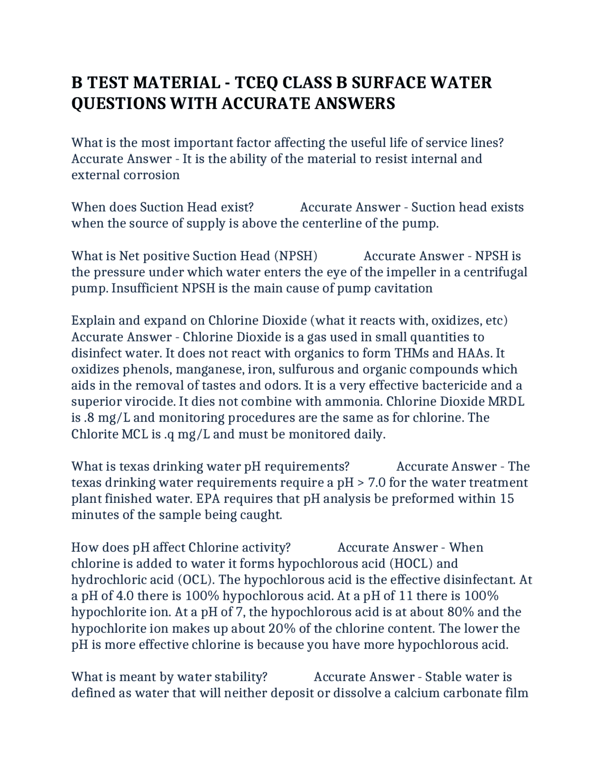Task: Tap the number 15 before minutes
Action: tap(507, 499)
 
